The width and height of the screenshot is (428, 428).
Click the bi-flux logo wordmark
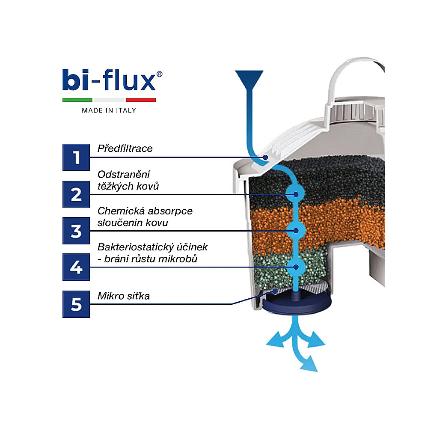click(x=109, y=80)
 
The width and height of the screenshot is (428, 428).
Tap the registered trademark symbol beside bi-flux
click(x=159, y=74)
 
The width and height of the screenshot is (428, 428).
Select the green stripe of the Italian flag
click(x=77, y=100)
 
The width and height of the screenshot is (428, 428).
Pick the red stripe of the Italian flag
click(x=140, y=100)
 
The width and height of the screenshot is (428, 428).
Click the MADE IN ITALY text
click(x=109, y=110)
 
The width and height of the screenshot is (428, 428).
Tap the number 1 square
click(x=76, y=157)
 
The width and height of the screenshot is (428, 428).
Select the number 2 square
click(x=76, y=194)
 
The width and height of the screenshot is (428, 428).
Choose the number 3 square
click(x=76, y=231)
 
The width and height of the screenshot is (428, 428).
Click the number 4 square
click(x=76, y=267)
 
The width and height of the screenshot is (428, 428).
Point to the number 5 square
click(x=76, y=304)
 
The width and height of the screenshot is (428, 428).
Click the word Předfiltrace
click(x=125, y=149)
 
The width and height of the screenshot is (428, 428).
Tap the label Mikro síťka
click(x=124, y=296)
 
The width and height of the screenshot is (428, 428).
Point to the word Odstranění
click(x=124, y=174)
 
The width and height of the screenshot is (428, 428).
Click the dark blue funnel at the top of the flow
click(x=249, y=79)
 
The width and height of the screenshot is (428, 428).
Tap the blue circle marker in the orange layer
click(x=296, y=231)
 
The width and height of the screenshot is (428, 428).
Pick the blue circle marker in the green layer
click(x=296, y=267)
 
